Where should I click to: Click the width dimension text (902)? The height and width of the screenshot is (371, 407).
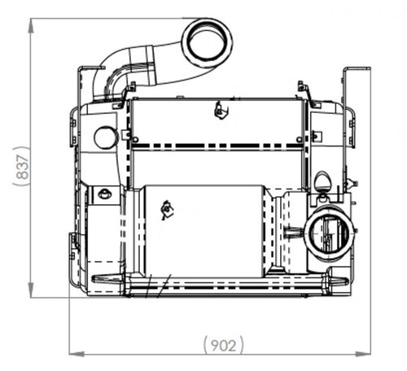click(x=220, y=345)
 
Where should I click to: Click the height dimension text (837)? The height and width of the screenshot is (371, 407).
click(x=22, y=168)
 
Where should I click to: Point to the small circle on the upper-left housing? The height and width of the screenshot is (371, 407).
click(x=105, y=137)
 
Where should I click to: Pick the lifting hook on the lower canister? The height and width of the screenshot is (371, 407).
click(x=167, y=209)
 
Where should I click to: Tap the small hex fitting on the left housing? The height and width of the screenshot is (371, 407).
click(x=104, y=194)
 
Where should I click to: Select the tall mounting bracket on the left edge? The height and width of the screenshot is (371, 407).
click(x=80, y=89)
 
